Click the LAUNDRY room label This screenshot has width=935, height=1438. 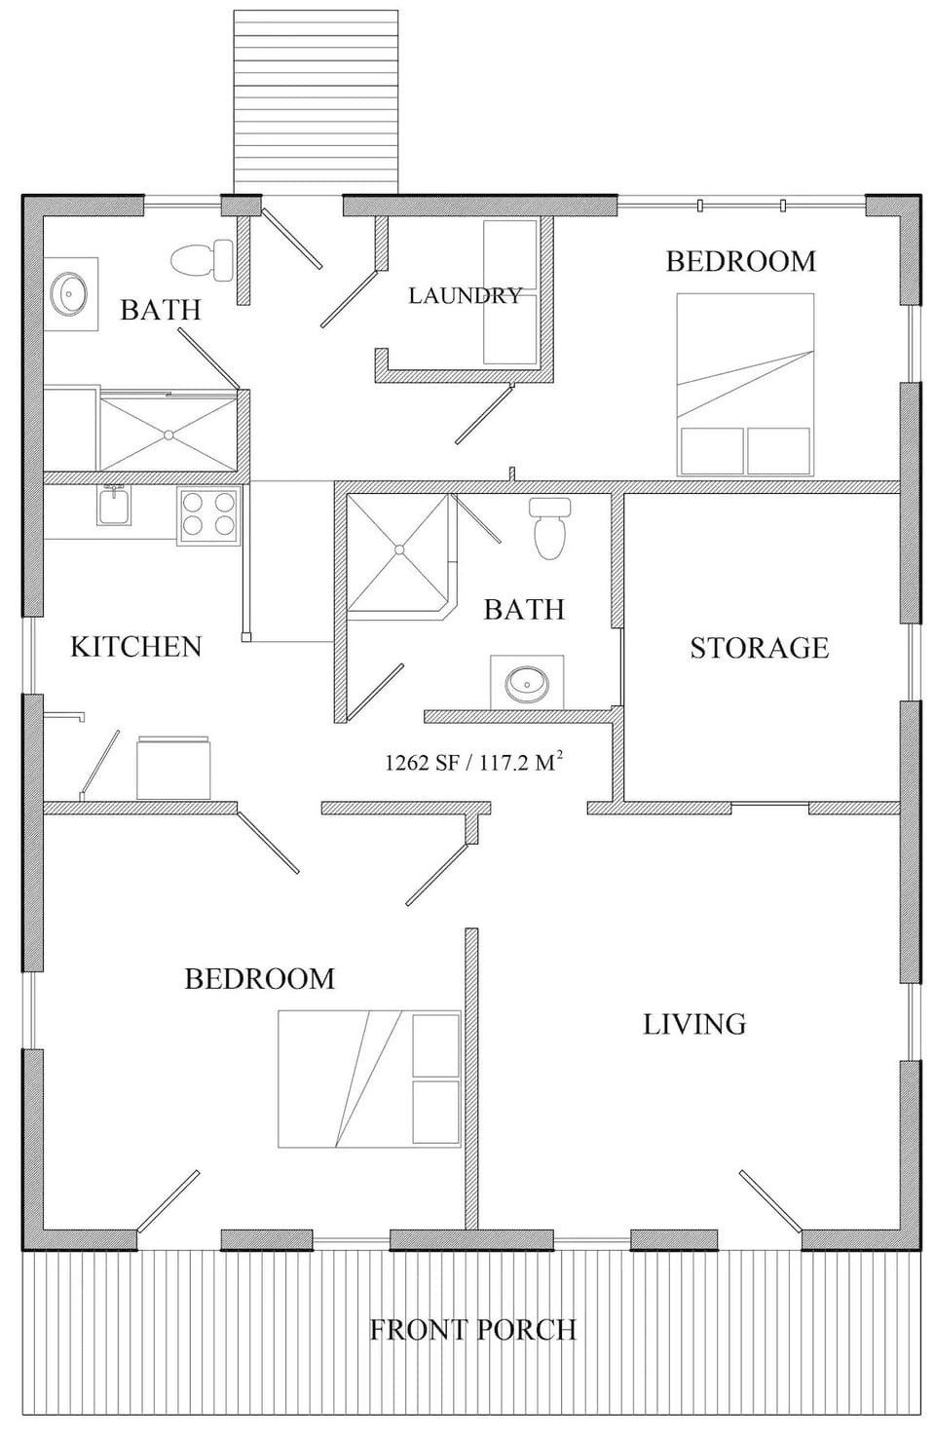click(x=465, y=295)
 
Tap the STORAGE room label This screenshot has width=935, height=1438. click(x=759, y=648)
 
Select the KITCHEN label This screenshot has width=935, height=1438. click(x=135, y=647)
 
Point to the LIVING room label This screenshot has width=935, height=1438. click(x=694, y=1024)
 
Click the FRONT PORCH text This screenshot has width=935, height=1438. click(x=472, y=1330)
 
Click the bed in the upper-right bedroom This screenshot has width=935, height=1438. click(x=745, y=384)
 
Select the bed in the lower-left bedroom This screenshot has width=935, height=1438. click(x=369, y=1078)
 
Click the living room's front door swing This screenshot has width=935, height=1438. click(x=770, y=1197)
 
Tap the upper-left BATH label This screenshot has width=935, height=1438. click(x=161, y=310)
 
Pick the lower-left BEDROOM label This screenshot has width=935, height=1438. click(x=259, y=978)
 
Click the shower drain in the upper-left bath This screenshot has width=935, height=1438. click(x=168, y=432)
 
